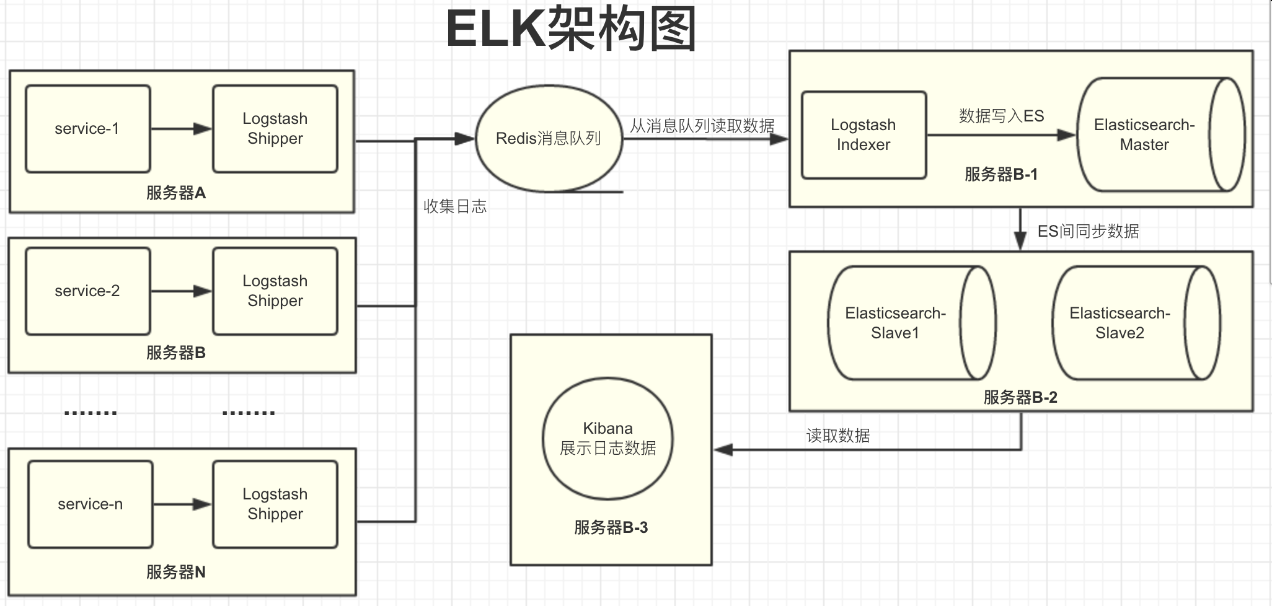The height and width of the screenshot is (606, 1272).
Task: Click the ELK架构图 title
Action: coord(570,29)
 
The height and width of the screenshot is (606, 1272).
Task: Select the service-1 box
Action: coord(87,129)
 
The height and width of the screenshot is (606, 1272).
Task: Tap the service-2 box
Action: coord(87,291)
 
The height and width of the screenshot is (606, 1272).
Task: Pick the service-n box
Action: coord(91,504)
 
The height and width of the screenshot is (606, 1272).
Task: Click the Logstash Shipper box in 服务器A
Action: coord(275,129)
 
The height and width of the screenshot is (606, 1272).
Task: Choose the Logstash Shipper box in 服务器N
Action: coord(275,504)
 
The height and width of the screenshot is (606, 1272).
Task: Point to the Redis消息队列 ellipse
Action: coord(549,139)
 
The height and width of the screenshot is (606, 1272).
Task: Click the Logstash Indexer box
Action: coord(863,135)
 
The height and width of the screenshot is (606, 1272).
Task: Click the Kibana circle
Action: coord(607,439)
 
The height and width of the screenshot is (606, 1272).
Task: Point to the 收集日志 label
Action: coord(455,206)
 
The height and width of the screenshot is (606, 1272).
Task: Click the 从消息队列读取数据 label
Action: coord(702,126)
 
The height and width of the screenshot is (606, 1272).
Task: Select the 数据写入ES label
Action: coord(1001,116)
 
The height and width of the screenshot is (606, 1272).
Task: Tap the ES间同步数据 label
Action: coord(1088,231)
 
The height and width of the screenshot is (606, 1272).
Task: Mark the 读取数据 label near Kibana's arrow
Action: coord(837,436)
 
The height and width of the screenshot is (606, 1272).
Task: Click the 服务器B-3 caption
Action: coord(611,527)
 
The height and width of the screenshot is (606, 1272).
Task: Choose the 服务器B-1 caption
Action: coord(1000,174)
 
